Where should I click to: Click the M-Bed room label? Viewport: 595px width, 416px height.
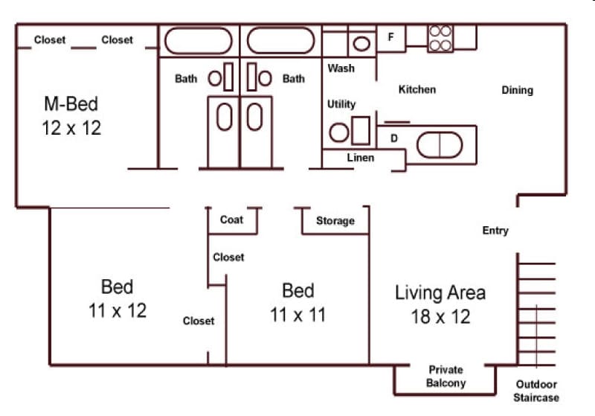tap(71, 103)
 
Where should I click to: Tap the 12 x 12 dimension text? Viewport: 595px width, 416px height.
tap(71, 127)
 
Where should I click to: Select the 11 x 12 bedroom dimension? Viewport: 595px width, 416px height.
tap(118, 310)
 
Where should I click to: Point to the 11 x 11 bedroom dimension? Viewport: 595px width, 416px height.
tap(297, 315)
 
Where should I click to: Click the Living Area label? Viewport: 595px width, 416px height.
tap(440, 292)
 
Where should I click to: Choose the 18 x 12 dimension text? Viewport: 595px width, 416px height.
tap(440, 316)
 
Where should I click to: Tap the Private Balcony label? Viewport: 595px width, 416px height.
tap(446, 377)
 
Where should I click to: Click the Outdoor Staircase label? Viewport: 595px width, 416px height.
tap(536, 391)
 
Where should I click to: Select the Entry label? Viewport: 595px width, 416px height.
tap(495, 231)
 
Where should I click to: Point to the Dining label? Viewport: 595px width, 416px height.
tap(517, 90)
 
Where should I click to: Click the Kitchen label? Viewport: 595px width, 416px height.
tap(417, 89)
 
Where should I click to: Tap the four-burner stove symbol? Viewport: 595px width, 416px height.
tap(440, 39)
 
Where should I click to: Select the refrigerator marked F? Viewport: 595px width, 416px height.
tap(390, 36)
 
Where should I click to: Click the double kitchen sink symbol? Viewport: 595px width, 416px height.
tap(440, 144)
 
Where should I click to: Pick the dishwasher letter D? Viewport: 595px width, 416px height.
tap(394, 138)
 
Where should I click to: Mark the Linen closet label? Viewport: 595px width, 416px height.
tap(361, 158)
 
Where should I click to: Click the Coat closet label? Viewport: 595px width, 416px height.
tap(232, 220)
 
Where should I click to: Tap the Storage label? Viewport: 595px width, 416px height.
tap(335, 220)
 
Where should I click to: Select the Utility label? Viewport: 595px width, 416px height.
tap(341, 104)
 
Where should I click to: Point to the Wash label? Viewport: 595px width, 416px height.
tap(341, 68)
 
